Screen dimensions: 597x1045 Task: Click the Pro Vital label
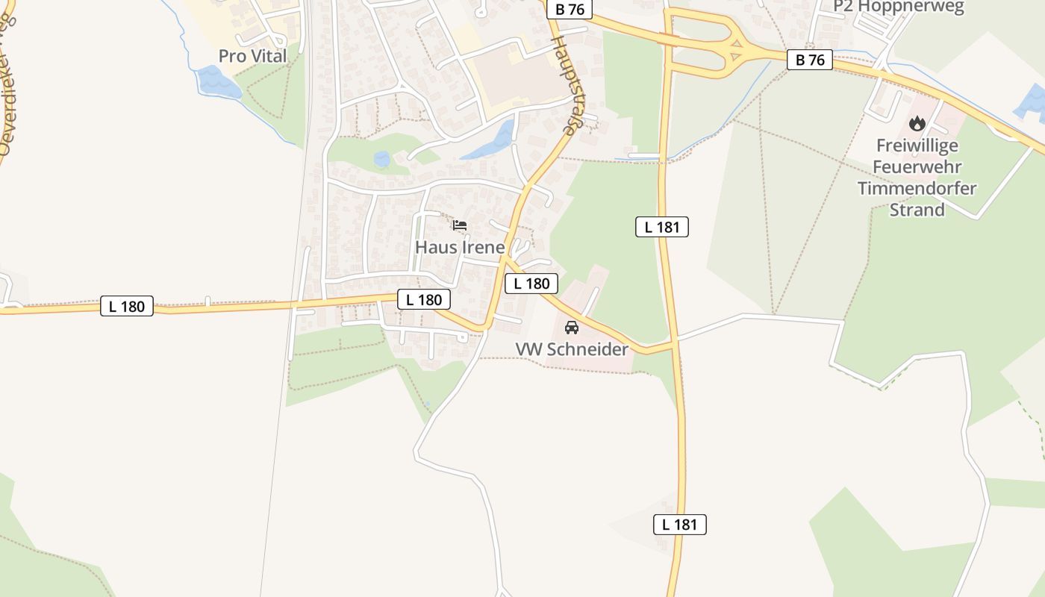point(252,56)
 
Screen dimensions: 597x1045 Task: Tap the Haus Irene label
point(460,246)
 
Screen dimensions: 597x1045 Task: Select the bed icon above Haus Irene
point(460,225)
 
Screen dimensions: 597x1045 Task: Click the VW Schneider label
point(572,348)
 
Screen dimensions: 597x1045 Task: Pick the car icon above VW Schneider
point(572,327)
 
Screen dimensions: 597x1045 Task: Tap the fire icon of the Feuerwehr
point(917,123)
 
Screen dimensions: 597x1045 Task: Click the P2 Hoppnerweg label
point(899,7)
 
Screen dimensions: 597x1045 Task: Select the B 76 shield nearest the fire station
point(810,60)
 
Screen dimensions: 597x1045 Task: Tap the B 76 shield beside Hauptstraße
point(570,9)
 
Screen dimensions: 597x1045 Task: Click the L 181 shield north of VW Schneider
point(662,227)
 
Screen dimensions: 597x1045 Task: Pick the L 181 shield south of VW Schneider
point(680,524)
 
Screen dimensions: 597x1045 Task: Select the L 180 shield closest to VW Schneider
point(531,284)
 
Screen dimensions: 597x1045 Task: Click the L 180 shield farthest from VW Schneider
point(127,306)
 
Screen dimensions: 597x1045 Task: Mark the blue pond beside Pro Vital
point(218,82)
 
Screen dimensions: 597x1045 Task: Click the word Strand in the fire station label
point(917,210)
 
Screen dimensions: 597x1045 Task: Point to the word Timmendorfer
point(917,188)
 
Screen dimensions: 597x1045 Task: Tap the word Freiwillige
point(917,145)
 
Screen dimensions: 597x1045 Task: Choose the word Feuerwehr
point(917,166)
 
